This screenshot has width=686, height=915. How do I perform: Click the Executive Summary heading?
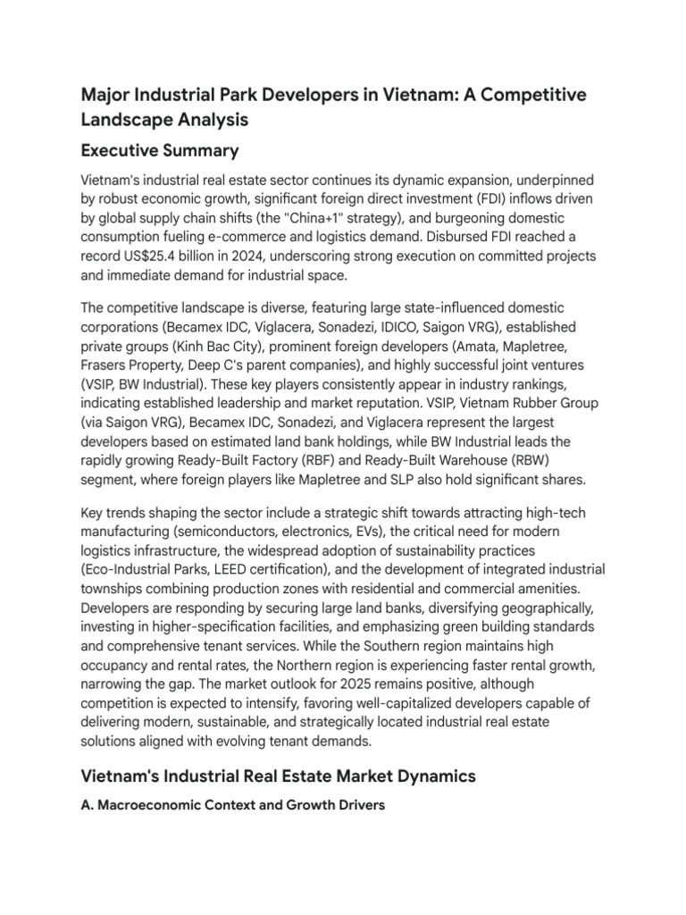159,149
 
